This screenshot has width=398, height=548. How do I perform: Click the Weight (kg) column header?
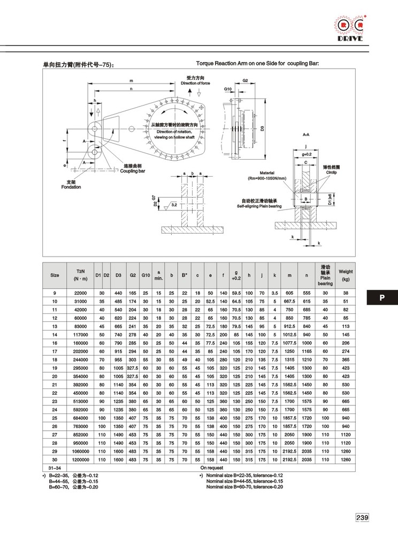pyautogui.click(x=346, y=275)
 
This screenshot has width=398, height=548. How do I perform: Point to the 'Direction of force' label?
pyautogui.click(x=195, y=83)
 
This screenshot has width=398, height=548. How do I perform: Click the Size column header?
pyautogui.click(x=55, y=275)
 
